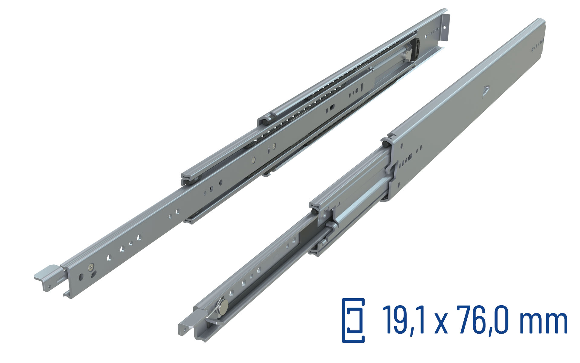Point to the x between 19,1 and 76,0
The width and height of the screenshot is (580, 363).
point(441,324)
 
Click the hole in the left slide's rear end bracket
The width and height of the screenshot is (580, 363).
point(444,27)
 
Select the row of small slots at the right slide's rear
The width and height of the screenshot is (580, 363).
point(537,45)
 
